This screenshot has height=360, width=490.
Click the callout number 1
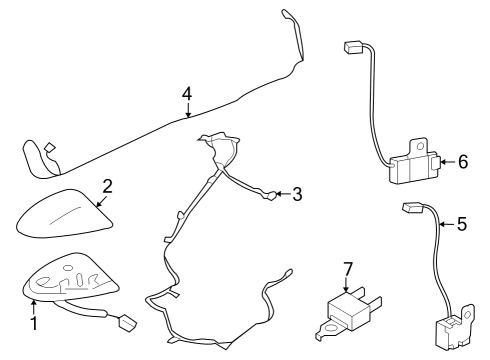pos(33,323)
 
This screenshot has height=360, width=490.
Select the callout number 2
pos(107,185)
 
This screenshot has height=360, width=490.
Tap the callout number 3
pos(296,194)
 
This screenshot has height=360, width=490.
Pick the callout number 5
pos(461,224)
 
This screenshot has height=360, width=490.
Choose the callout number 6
pos(461,161)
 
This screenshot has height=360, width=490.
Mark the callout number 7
pos(348,269)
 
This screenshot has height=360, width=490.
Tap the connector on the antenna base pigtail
pos(128,323)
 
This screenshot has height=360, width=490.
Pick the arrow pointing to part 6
pos(444,161)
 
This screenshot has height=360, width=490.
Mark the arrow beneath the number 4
pos(187,112)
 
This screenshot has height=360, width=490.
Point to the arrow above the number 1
pos(33,303)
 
